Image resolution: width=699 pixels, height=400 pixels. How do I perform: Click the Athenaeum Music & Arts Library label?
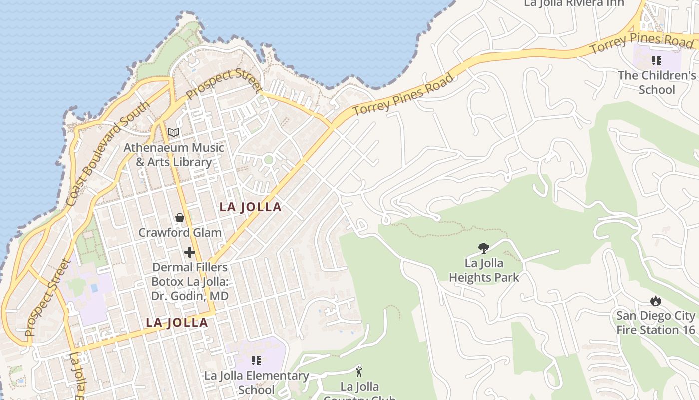pos(174,155)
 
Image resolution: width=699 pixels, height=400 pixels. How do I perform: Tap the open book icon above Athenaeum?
pos(174,132)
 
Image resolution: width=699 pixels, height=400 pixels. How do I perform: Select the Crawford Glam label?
pos(180,232)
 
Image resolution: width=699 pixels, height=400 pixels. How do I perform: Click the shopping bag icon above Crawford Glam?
pos(180,218)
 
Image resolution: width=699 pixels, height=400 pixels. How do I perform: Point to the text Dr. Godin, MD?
pos(190,296)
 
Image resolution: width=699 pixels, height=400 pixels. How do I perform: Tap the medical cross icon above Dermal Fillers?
pos(190,252)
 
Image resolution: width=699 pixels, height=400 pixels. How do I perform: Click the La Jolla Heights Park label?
pos(484,270)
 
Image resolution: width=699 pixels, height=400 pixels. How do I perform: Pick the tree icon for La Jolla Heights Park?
pos(483,248)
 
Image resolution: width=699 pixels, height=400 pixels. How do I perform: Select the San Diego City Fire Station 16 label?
pos(655,323)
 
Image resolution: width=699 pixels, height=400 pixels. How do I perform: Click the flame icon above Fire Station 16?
pos(656,301)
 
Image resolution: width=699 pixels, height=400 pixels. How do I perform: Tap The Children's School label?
pos(657,83)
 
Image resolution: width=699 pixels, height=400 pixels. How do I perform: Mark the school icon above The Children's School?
pos(657,61)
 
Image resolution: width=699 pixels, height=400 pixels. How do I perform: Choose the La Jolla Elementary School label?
pos(257,383)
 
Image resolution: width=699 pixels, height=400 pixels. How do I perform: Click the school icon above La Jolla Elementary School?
pos(256,361)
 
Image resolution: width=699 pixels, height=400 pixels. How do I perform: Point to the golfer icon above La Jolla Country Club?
pos(359,371)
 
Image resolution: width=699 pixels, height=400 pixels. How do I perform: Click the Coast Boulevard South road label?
pos(108,154)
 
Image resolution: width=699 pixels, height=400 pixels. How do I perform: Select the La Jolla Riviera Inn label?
pos(574,3)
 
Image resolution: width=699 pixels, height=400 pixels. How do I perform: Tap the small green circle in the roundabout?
pos(269,160)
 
